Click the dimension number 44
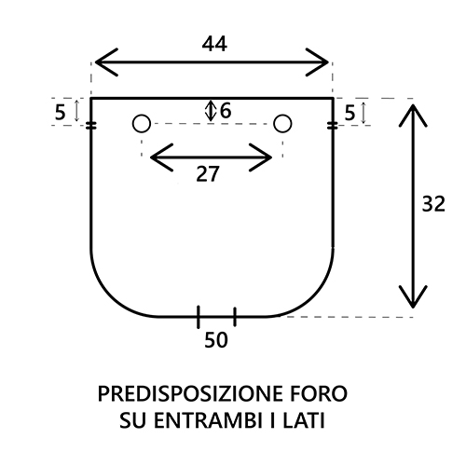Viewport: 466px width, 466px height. [x=214, y=44]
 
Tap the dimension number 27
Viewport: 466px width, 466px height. [x=208, y=174]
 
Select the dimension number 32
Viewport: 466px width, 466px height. [x=433, y=204]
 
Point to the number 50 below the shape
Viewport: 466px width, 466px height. [x=216, y=340]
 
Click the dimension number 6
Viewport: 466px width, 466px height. [x=226, y=111]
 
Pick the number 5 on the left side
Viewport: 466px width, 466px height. [x=60, y=112]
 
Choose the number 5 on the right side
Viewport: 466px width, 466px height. [x=349, y=113]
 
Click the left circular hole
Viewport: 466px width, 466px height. [x=142, y=123]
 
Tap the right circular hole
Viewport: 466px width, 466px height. [x=282, y=123]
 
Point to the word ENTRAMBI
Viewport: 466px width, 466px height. [x=208, y=420]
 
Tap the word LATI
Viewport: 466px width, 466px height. [x=304, y=420]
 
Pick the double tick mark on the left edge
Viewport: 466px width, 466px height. [x=91, y=126]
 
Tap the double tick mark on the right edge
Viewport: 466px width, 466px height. [x=333, y=126]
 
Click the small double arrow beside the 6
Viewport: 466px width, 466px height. [x=211, y=111]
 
